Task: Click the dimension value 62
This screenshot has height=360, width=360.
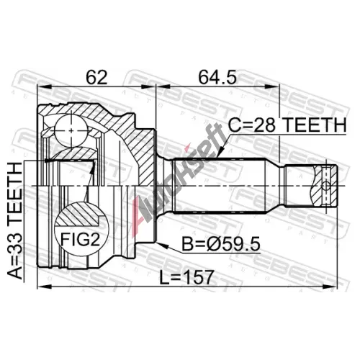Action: (x=96, y=76)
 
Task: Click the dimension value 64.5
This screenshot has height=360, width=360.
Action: (x=217, y=76)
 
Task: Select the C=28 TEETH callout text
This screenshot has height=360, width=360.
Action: (x=287, y=125)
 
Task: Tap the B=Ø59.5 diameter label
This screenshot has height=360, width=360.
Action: (x=221, y=244)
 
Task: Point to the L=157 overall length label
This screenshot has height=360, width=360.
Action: (x=186, y=277)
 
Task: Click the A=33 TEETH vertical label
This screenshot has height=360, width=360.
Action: (x=15, y=220)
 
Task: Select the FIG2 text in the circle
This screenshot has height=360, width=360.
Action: (x=80, y=240)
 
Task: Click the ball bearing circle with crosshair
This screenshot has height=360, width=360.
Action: (x=71, y=130)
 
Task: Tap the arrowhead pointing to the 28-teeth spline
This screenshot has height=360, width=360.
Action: (x=221, y=152)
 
